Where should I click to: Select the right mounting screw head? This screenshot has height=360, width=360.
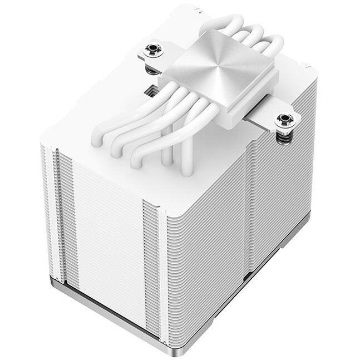tap(286, 119)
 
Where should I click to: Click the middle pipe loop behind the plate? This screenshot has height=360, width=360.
tap(245, 38)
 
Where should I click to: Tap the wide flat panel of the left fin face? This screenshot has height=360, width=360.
tap(106, 234)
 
